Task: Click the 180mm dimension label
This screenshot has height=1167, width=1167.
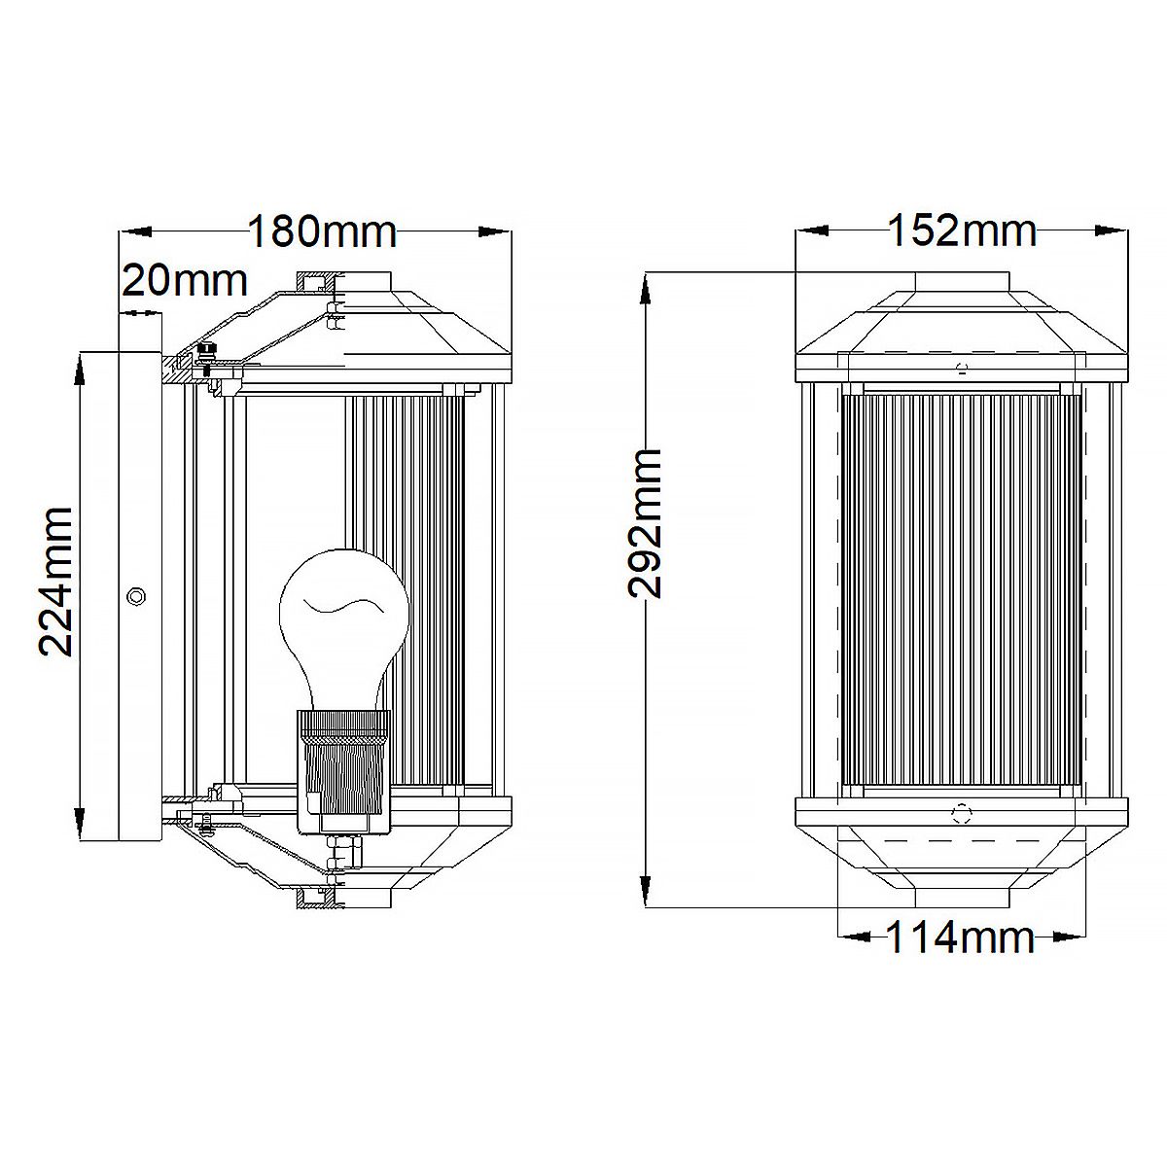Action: click(x=322, y=233)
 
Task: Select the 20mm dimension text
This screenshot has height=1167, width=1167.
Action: click(x=184, y=281)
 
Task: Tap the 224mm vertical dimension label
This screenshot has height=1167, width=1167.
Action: click(x=56, y=582)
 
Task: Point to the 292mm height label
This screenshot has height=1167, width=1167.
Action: click(x=645, y=523)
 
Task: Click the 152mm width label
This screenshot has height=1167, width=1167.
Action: click(x=962, y=233)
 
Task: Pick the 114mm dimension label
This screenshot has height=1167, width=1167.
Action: click(x=960, y=938)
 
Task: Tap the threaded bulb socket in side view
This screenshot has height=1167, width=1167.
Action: click(x=342, y=768)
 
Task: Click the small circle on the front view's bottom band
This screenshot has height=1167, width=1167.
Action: click(x=963, y=812)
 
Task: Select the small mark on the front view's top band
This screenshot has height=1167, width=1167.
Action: click(x=962, y=368)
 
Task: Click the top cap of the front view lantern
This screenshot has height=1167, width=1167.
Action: click(x=962, y=283)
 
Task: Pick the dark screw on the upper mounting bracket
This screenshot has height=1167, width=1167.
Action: click(x=205, y=350)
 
